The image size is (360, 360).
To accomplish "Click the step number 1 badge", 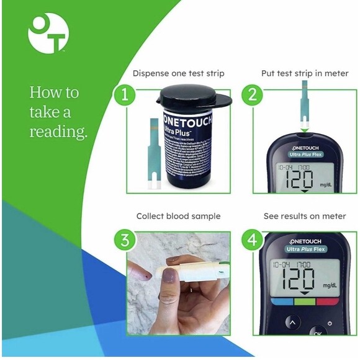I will (124, 95).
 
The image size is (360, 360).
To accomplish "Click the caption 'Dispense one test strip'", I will (178, 73).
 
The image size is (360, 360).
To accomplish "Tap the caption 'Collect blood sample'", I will (178, 216).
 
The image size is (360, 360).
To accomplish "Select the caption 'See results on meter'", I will (304, 216).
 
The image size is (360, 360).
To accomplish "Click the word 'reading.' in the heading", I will (58, 132).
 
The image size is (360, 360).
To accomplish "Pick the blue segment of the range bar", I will (276, 302).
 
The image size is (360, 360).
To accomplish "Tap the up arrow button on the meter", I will (291, 323).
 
